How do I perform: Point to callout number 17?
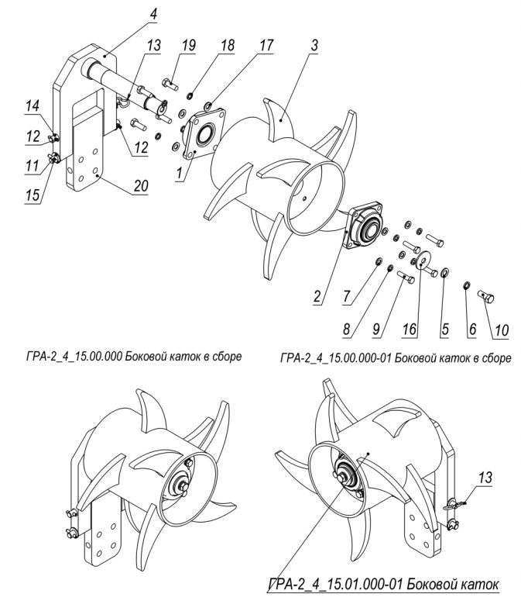click(266, 45)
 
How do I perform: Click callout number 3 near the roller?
click(314, 45)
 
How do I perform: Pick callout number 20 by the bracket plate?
click(140, 185)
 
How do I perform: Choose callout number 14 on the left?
click(33, 106)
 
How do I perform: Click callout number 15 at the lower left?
click(33, 195)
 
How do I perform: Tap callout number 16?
click(410, 330)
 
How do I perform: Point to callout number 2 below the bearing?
click(317, 296)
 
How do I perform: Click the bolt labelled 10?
click(485, 299)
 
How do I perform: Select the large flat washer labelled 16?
click(421, 261)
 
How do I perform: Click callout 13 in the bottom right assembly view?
click(485, 478)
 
